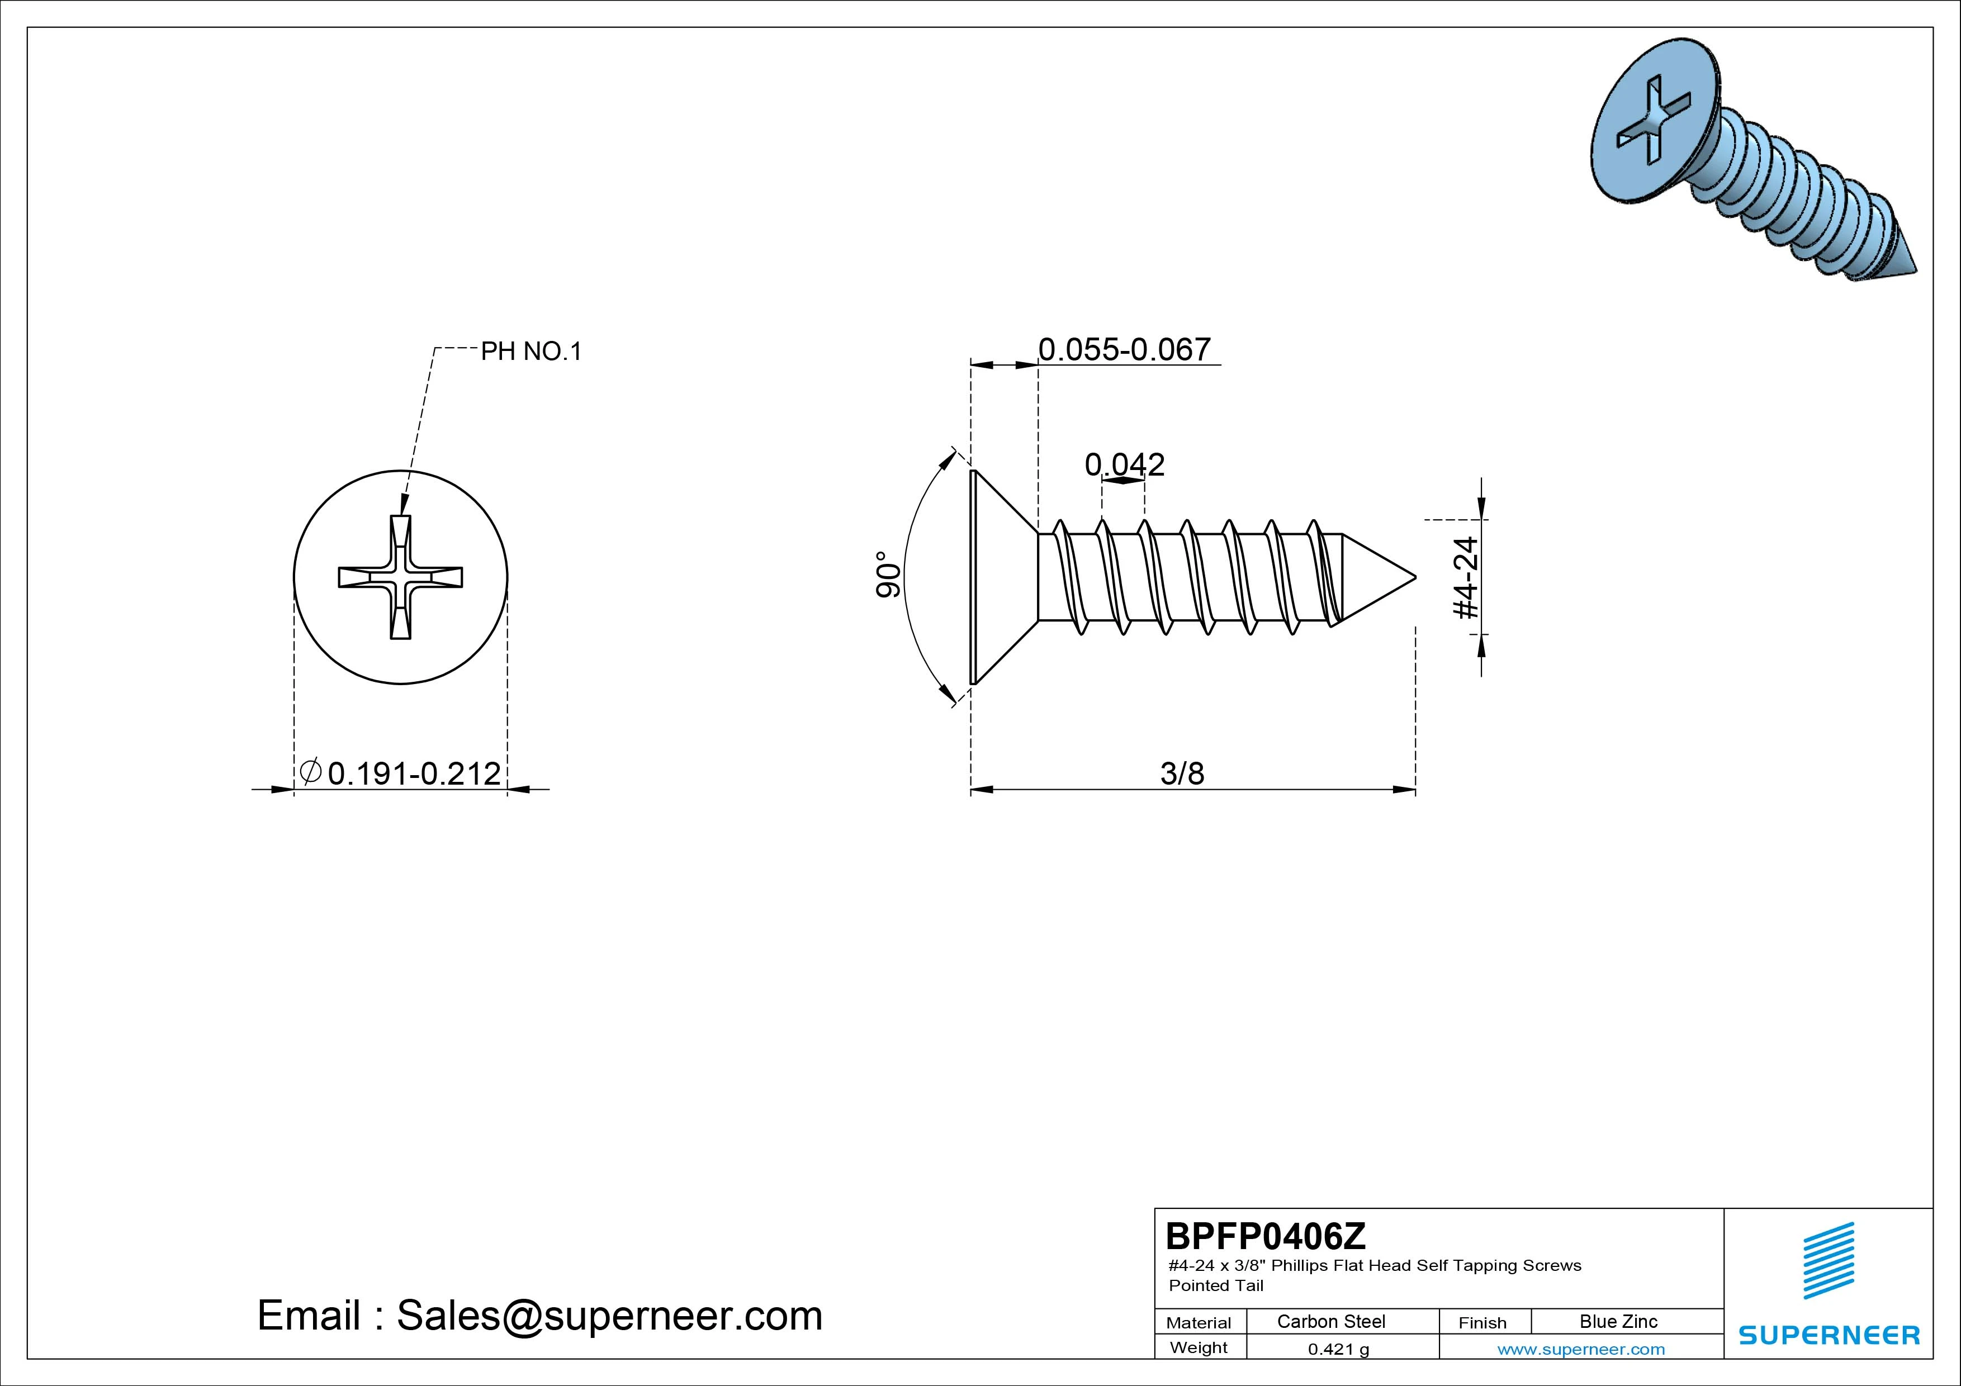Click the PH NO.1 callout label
click(x=531, y=351)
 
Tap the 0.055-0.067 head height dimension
click(x=1124, y=349)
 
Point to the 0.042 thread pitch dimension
click(x=1124, y=464)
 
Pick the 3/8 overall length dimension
click(x=1182, y=773)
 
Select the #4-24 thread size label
click(x=1466, y=577)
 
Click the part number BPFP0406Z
click(x=1266, y=1236)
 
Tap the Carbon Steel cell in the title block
click(x=1330, y=1322)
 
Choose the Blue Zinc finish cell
click(x=1618, y=1322)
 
